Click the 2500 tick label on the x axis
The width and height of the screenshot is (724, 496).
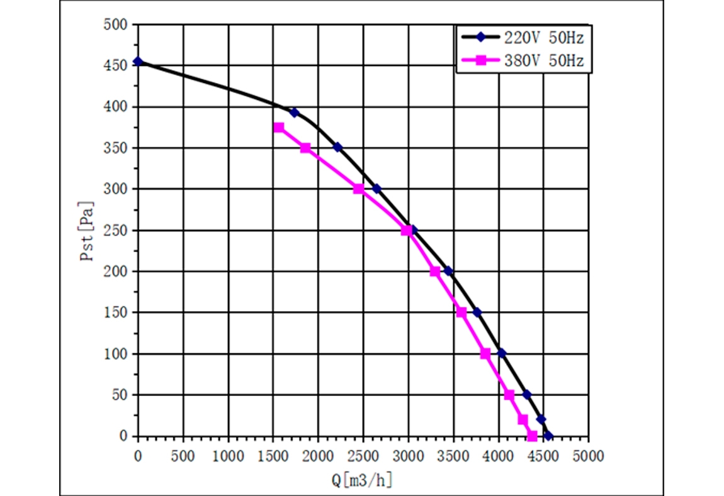coord(363,455)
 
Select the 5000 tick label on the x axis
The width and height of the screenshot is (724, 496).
coord(589,455)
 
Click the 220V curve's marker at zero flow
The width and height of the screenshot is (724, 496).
coord(138,62)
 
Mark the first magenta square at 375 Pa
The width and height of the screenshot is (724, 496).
coord(279,128)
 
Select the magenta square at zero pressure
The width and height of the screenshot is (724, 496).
coord(532,436)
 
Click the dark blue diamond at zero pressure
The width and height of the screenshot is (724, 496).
coord(548,436)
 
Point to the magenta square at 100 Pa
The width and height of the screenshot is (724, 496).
coord(485,354)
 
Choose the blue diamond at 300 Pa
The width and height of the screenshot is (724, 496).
coord(376,189)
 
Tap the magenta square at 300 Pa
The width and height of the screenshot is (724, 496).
coord(359,189)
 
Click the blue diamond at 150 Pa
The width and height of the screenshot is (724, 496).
coord(477,312)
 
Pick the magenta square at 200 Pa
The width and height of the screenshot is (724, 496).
coord(434,272)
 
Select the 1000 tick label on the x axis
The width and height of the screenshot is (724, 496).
coord(228,455)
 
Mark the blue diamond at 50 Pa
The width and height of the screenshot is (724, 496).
coord(527,395)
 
